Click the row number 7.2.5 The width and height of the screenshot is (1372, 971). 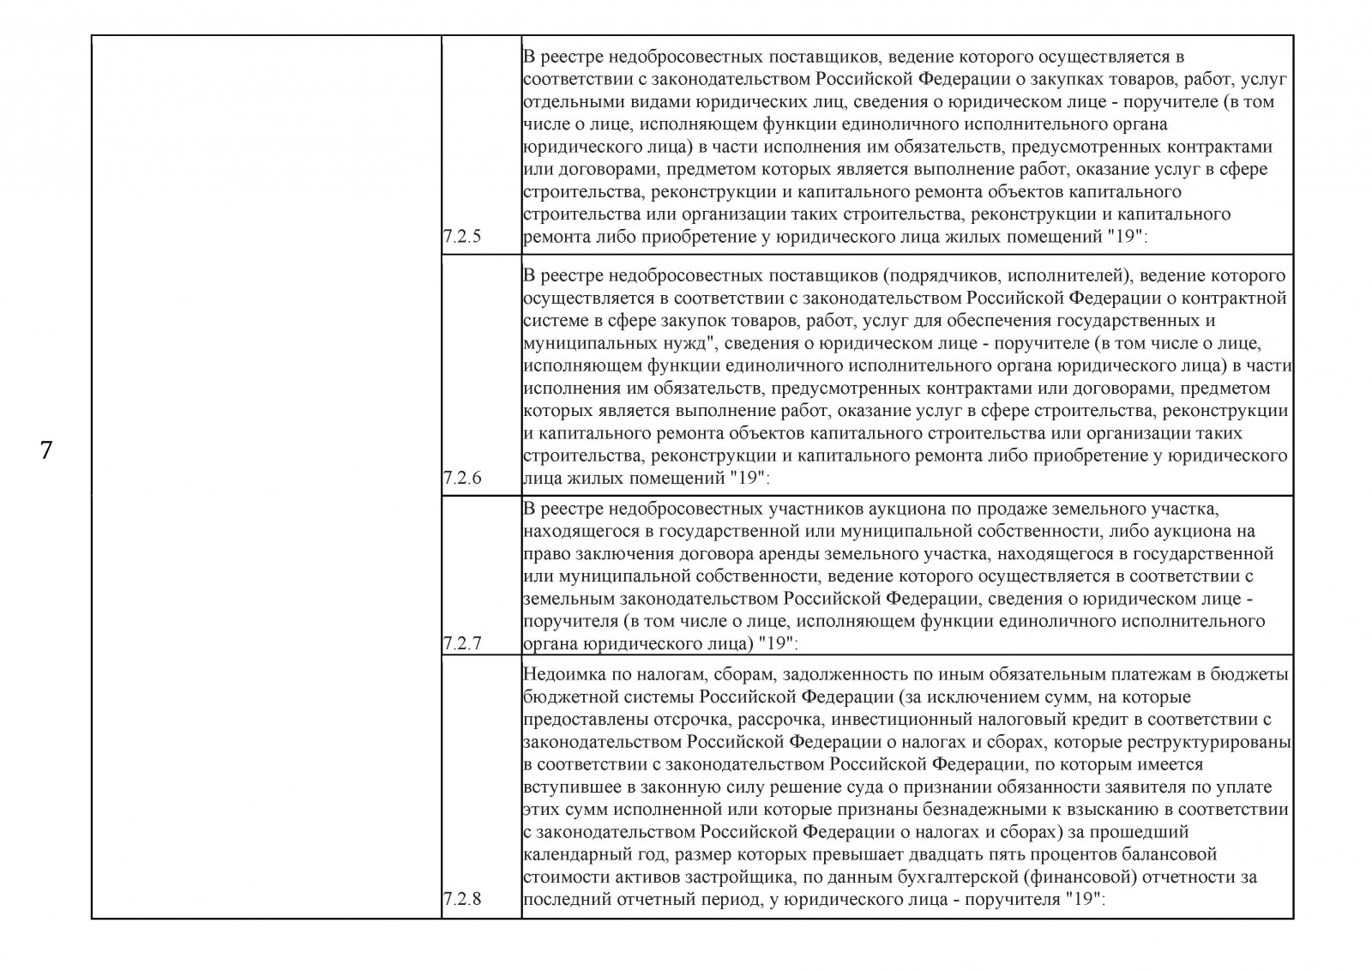[x=462, y=238]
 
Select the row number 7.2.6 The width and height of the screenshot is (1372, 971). [x=462, y=479]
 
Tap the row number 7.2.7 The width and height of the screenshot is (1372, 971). [x=462, y=642]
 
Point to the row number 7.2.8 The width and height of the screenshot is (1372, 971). [x=462, y=900]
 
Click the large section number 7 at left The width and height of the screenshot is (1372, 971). [x=46, y=450]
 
